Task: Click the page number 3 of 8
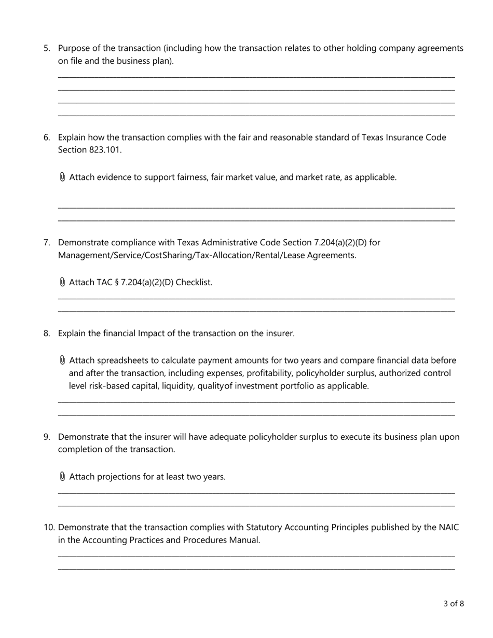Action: pyautogui.click(x=454, y=603)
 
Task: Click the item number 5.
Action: pyautogui.click(x=47, y=48)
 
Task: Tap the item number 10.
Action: pyautogui.click(x=49, y=528)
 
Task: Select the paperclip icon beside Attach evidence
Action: pyautogui.click(x=63, y=177)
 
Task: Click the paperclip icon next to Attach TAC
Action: pyautogui.click(x=63, y=282)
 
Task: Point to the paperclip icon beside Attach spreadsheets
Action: pyautogui.click(x=63, y=360)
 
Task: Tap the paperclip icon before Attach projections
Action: pyautogui.click(x=63, y=476)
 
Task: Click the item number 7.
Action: pyautogui.click(x=47, y=242)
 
